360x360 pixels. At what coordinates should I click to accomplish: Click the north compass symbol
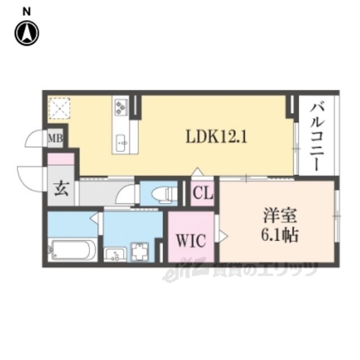[x=26, y=33]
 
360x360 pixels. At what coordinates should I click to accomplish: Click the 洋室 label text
[x=277, y=217]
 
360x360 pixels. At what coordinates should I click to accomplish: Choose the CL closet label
[x=203, y=194]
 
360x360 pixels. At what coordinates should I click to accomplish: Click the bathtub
[x=73, y=250]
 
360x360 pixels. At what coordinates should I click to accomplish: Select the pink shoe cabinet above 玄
[x=61, y=159]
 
